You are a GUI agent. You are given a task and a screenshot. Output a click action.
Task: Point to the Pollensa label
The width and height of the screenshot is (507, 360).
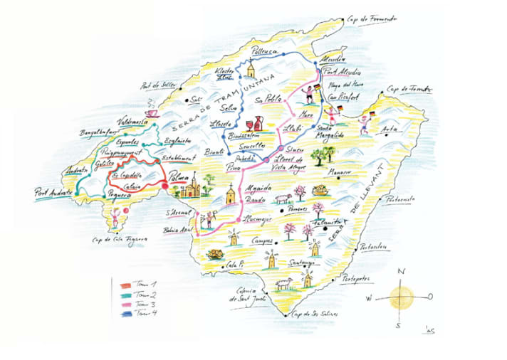pos(265,50)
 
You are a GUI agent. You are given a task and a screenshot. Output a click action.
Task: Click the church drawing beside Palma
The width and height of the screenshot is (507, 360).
pos(192,187)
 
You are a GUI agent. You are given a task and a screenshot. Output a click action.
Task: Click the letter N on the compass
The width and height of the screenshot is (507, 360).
pos(401,272)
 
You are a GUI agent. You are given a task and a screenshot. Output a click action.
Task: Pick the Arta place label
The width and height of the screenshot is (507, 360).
pos(390,129)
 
